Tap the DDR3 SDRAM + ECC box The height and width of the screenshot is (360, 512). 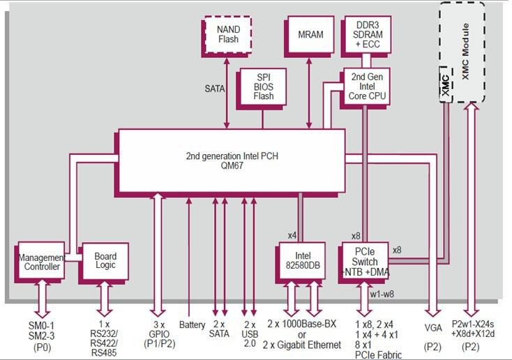tap(367, 34)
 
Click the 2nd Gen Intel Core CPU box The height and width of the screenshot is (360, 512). tap(367, 86)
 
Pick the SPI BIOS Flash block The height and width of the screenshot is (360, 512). tap(263, 87)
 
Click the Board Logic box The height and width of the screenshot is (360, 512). tap(105, 261)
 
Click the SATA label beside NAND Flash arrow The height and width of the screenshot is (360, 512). tap(215, 89)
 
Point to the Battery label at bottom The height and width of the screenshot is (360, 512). tap(191, 325)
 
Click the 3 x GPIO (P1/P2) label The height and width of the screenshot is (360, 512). tap(159, 335)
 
